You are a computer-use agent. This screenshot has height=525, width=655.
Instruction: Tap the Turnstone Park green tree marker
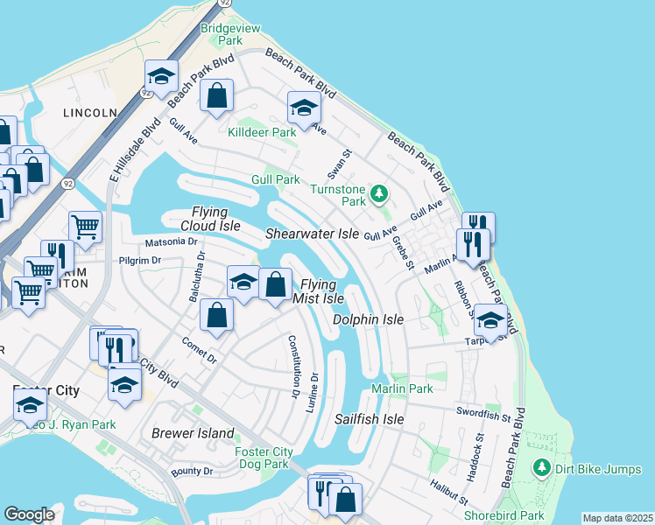[379, 192]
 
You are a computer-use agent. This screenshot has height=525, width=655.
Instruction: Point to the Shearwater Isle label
[313, 234]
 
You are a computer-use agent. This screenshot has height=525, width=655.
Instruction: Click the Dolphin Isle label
[368, 319]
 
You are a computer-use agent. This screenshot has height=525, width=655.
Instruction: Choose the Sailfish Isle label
[370, 419]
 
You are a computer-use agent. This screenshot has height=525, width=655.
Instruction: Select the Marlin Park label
[402, 388]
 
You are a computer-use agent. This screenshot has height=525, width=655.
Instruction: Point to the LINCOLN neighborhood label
[89, 113]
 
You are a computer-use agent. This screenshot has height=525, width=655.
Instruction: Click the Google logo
[29, 514]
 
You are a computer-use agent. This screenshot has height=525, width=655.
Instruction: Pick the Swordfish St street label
[482, 411]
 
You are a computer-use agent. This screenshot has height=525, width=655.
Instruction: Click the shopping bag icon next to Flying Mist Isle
[275, 283]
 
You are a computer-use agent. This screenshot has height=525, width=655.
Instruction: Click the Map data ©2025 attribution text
[617, 518]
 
